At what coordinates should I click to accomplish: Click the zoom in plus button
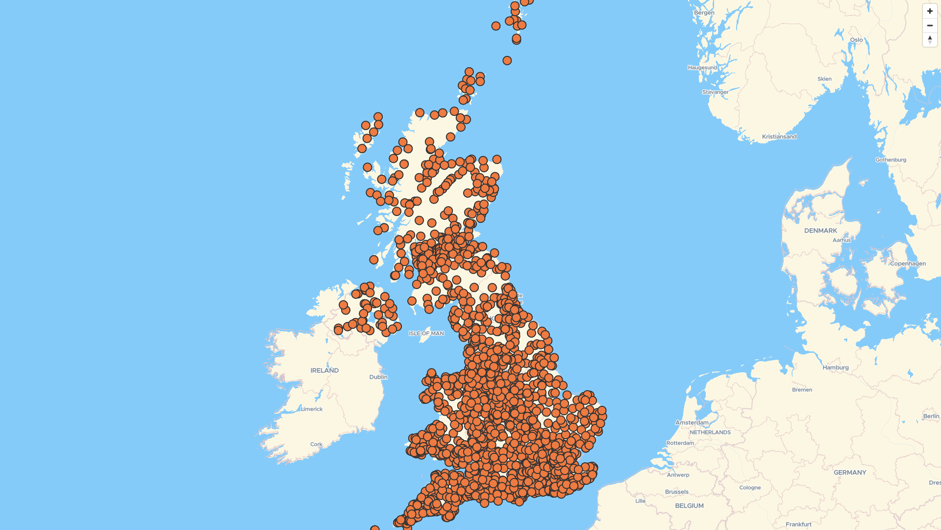pos(930,11)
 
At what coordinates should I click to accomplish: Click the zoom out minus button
pos(930,26)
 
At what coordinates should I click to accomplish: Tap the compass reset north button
pos(930,40)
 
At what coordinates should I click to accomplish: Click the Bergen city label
pos(704,13)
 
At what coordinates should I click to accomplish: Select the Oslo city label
pos(856,40)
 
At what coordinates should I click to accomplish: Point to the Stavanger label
pos(715,92)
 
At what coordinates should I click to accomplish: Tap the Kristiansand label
pos(779,137)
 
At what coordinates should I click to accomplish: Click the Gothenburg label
pos(891,160)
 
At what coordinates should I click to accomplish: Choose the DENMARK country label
pos(820,231)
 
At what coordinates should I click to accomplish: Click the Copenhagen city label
pos(908,264)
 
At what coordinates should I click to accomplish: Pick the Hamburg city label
pos(836,368)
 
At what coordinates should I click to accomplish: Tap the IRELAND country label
pos(324,371)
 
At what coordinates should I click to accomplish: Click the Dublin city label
pos(378,377)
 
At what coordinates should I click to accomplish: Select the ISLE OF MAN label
pos(426,334)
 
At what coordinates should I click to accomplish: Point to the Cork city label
pos(316,445)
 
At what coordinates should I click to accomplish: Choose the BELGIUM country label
pos(689,506)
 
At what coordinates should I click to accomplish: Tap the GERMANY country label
pos(850,473)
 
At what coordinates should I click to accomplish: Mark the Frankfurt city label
pos(798,525)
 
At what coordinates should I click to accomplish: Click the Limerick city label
pos(312,409)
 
